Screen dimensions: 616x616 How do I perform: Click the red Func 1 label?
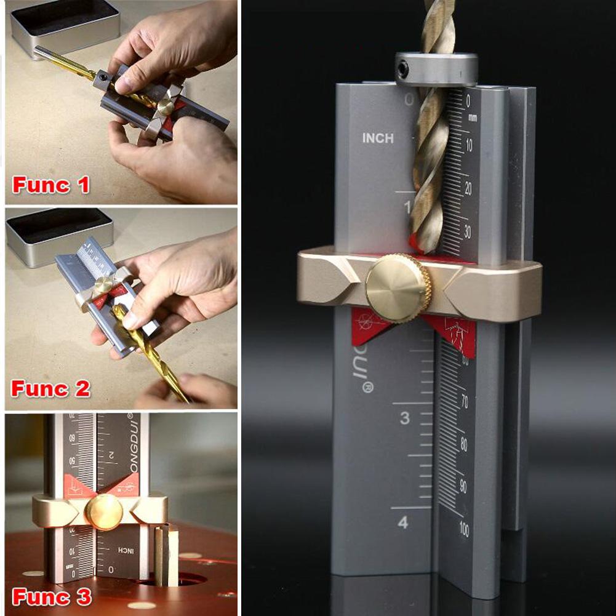[x=51, y=185]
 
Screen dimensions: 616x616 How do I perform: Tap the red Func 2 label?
[x=51, y=389]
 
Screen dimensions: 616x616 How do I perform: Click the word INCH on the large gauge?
[x=377, y=138]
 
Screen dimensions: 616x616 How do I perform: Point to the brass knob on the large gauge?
[x=397, y=288]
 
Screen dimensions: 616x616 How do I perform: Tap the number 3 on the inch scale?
[x=404, y=418]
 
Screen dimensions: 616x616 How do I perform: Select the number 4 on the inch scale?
[x=402, y=523]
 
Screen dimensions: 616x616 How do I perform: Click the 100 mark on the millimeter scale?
[x=463, y=529]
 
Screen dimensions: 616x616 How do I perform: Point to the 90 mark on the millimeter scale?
[x=463, y=486]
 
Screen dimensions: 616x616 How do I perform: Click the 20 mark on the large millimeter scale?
[x=468, y=190]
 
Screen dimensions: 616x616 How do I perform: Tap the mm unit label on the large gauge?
[x=473, y=117]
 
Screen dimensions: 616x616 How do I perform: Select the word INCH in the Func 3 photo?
[x=119, y=549]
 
